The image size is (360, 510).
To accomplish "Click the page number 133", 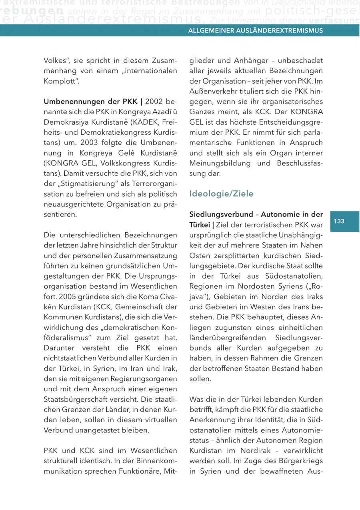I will tap(339, 221).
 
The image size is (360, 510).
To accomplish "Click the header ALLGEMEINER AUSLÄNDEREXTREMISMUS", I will tap(256, 31).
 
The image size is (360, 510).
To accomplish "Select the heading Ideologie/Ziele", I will tap(221, 194).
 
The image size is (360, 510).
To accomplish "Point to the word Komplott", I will tap(60, 81).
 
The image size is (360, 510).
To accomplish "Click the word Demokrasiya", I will tap(66, 122).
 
